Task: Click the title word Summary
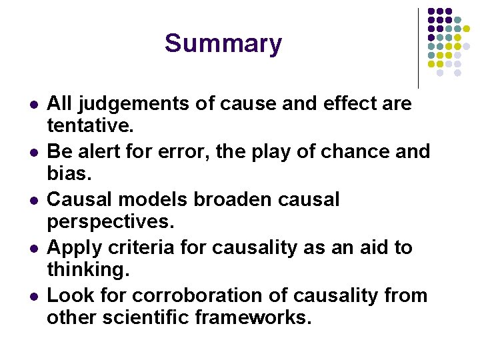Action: click(223, 44)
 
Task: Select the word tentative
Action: click(86, 125)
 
